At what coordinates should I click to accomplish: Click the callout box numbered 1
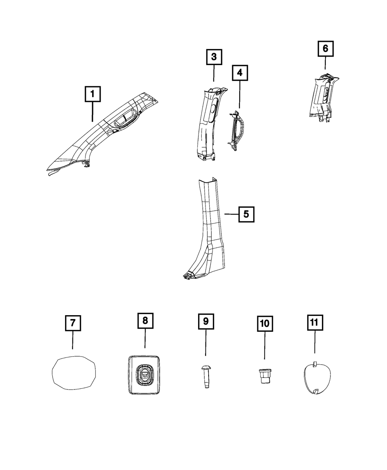coord(92,94)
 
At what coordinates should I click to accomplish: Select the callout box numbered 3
coord(214,58)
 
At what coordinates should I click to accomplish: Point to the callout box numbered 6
coord(325,49)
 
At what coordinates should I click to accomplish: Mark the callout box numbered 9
coord(205,321)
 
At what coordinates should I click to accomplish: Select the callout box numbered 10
coord(265,324)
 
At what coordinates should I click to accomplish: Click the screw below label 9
coord(205,374)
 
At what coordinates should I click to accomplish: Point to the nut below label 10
coord(265,376)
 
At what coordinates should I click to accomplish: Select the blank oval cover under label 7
coord(74,372)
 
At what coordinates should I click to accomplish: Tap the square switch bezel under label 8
coord(144,375)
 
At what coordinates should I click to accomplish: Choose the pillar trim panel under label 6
coord(323,97)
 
